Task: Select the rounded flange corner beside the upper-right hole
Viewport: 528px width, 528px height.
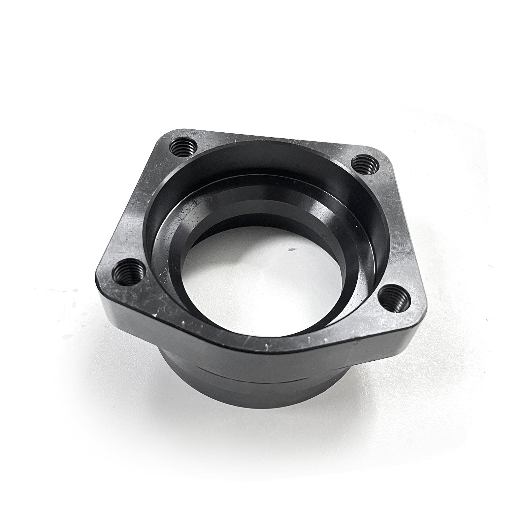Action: tap(383, 155)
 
